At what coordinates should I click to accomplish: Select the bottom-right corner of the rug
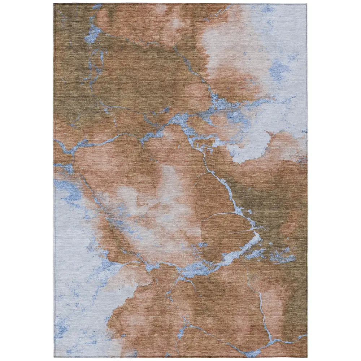[x=307, y=357]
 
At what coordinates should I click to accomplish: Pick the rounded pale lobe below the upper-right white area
[x=253, y=146]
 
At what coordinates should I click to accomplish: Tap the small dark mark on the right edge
[x=306, y=132]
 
